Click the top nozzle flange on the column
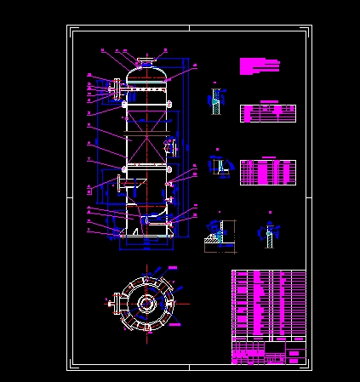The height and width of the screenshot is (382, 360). tap(146, 62)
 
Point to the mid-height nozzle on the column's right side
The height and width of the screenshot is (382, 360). tap(172, 146)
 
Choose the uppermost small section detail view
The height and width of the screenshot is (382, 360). tap(216, 101)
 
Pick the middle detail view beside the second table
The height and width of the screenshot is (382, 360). tap(220, 166)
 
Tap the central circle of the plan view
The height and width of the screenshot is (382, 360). tap(146, 303)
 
